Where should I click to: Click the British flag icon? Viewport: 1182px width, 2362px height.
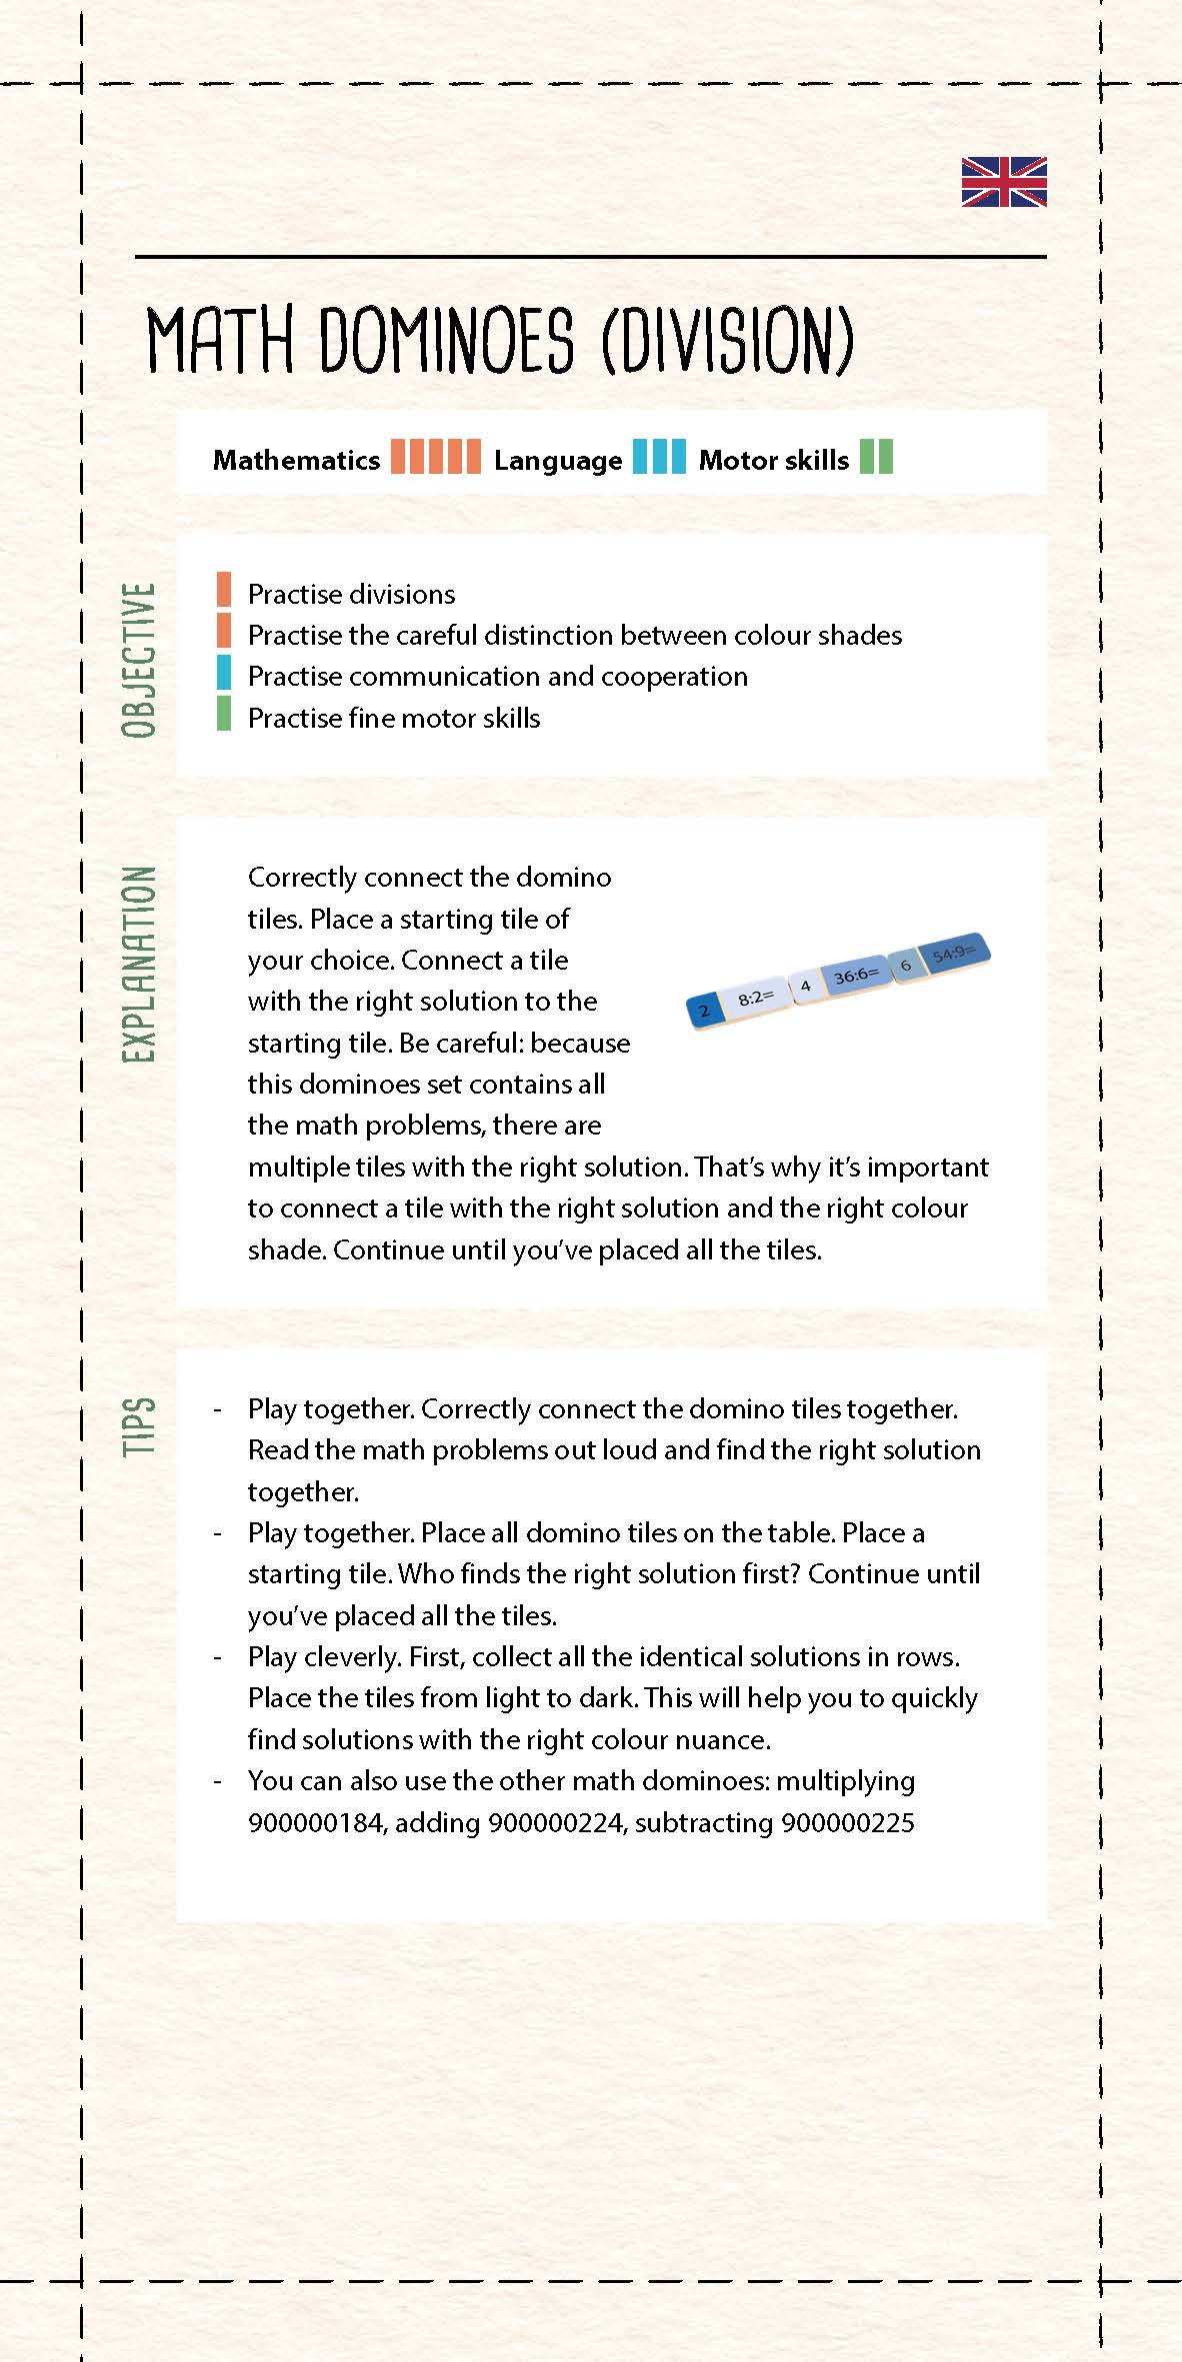click(1004, 182)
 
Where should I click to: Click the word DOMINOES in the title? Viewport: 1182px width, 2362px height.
click(446, 340)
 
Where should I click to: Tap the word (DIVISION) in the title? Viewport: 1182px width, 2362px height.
click(728, 340)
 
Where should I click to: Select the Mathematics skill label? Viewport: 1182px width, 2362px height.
click(296, 461)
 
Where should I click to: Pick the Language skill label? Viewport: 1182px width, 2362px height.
click(557, 461)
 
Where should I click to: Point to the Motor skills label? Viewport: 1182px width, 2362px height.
click(773, 461)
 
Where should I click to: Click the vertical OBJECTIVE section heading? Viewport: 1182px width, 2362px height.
click(139, 660)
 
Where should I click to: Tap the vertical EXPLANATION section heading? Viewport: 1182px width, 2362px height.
click(139, 964)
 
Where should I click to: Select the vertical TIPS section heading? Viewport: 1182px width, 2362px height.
click(139, 1426)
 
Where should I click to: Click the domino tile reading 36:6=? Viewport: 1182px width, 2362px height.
click(856, 975)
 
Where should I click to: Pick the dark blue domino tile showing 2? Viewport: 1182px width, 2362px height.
click(705, 1011)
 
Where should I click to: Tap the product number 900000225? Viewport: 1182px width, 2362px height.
click(847, 1822)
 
